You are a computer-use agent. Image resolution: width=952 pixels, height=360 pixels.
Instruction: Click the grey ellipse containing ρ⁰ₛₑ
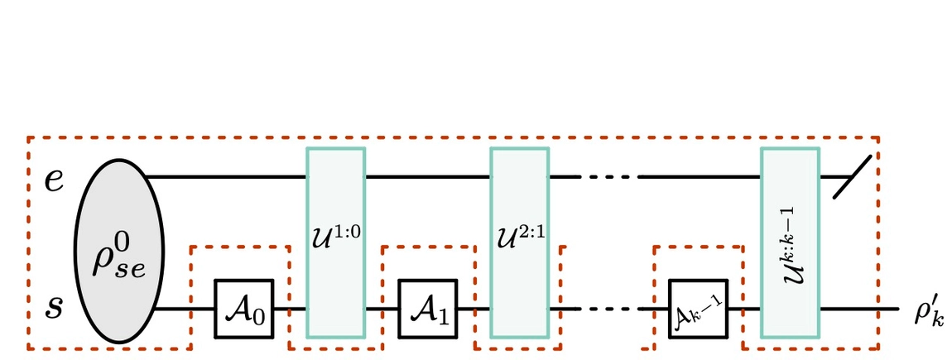tap(119, 242)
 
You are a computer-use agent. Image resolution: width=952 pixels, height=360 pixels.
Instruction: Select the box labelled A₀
tap(244, 309)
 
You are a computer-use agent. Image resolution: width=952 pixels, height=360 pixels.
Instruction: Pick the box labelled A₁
tap(428, 309)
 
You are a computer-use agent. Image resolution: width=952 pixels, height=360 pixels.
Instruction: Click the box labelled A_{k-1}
tap(698, 309)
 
